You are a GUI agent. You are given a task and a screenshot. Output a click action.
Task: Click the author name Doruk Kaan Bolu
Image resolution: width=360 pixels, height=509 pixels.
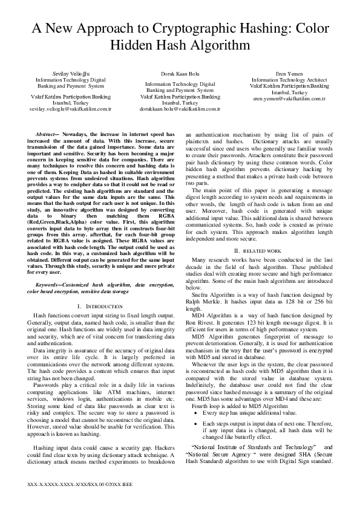pyautogui.click(x=180, y=73)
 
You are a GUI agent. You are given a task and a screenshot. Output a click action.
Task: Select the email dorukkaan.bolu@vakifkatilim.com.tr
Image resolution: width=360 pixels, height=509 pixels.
pyautogui.click(x=180, y=109)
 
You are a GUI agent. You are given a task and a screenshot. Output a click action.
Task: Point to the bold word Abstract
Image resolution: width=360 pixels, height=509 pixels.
pyautogui.click(x=46, y=133)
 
